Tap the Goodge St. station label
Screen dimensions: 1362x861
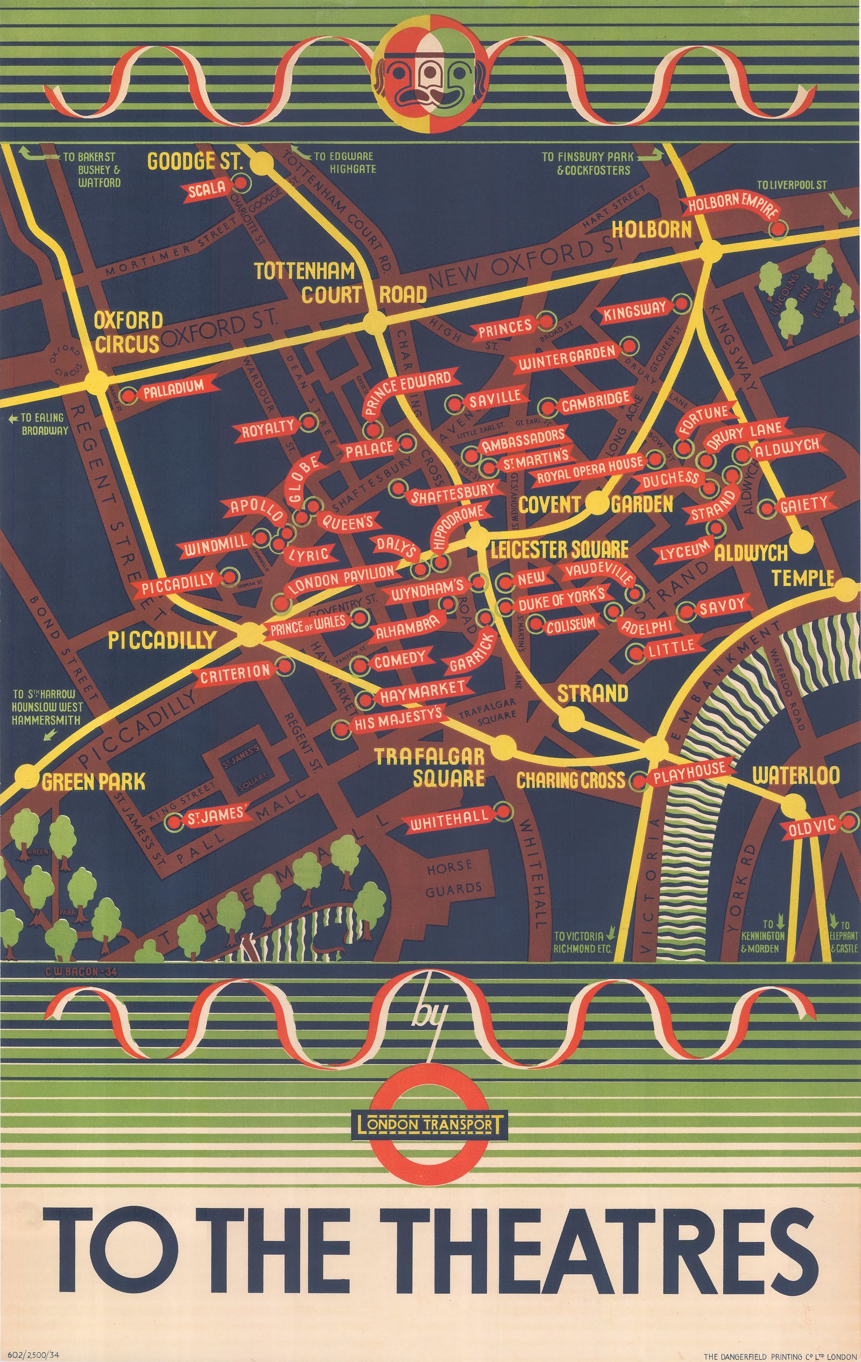click(194, 162)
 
